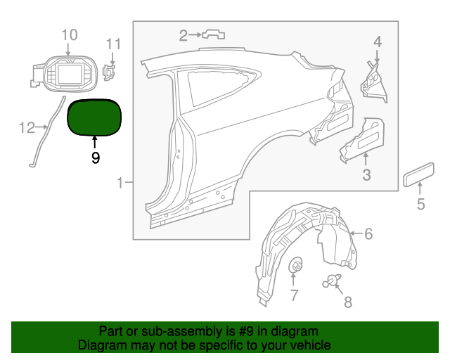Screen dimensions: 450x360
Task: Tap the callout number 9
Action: click(96, 158)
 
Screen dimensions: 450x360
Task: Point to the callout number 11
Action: click(113, 44)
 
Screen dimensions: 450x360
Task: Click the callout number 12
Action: click(27, 127)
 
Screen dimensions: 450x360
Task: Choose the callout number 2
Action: click(184, 34)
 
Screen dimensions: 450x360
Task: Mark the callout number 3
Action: click(366, 174)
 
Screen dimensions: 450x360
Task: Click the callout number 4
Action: click(378, 41)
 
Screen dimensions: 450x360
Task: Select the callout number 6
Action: click(368, 233)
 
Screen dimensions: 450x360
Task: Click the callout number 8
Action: click(347, 302)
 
